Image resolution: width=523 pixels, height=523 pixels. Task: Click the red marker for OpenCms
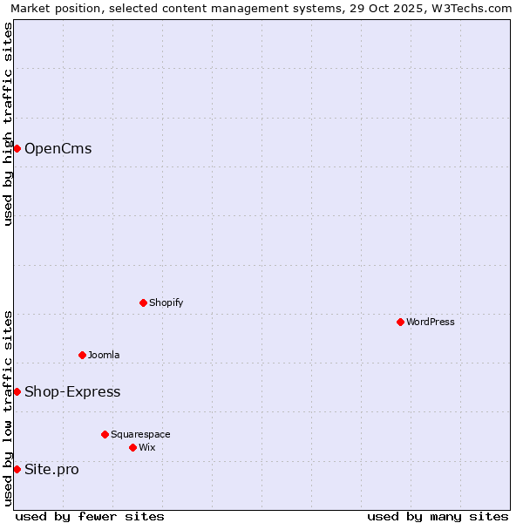(17, 148)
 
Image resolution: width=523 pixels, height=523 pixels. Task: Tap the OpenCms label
(58, 148)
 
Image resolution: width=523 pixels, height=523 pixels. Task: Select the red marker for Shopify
(143, 302)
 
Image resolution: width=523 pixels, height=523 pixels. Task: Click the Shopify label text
(166, 302)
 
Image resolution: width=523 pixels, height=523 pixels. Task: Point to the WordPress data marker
(400, 322)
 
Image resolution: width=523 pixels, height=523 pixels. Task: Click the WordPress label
(430, 322)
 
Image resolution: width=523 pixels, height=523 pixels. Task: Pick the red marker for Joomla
(82, 355)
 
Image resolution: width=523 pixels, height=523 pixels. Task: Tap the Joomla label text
(104, 355)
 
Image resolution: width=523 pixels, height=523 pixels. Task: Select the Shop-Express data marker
(17, 391)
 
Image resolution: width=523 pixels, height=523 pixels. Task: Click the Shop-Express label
(72, 391)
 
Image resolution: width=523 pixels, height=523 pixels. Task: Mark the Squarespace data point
(105, 434)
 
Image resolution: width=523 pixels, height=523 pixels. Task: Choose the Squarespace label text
(140, 434)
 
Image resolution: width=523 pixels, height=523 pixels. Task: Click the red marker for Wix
(132, 447)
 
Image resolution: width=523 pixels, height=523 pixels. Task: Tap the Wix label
(146, 447)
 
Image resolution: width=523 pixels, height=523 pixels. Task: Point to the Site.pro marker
(17, 469)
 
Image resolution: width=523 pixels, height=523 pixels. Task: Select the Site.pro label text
(51, 469)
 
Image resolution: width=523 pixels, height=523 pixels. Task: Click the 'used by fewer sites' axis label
(90, 516)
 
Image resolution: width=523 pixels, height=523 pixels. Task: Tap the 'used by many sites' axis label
(438, 516)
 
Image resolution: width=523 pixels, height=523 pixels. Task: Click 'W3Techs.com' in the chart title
(473, 8)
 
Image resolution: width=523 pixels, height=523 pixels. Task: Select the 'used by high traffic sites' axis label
(8, 124)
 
